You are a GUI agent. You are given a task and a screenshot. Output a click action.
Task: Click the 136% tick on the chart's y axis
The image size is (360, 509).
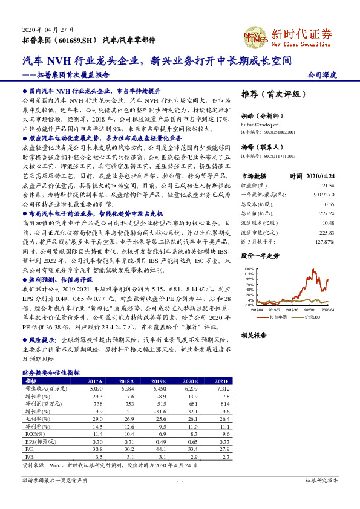click(x=248, y=268)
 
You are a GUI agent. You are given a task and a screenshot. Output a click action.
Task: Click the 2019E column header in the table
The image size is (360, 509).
click(x=159, y=381)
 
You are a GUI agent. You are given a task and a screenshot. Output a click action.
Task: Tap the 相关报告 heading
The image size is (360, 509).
click(x=255, y=334)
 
